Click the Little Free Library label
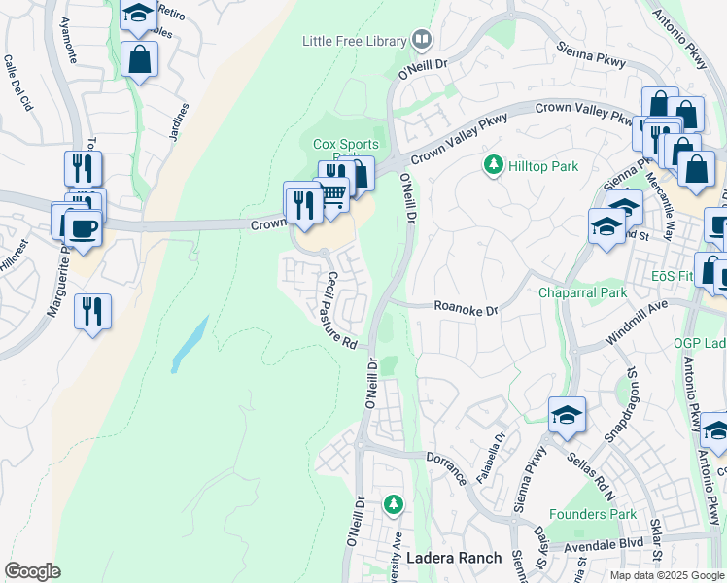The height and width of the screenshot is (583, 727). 355,41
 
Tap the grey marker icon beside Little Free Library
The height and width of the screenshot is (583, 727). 422,40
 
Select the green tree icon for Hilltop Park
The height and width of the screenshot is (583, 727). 494,166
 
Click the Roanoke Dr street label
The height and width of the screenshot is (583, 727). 466,309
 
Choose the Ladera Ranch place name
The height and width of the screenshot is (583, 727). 454,558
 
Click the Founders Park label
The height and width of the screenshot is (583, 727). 592,514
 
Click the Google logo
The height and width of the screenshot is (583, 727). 32,571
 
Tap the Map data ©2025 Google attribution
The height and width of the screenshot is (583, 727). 667,575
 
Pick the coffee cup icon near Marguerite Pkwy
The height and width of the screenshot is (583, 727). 84,229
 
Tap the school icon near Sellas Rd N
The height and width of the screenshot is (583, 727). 567,415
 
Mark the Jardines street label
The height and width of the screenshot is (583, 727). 179,121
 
